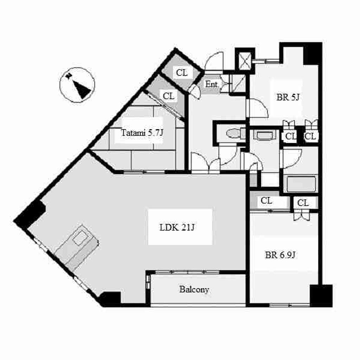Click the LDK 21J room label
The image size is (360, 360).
pyautogui.click(x=177, y=227)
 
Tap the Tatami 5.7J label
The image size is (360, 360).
pyautogui.click(x=142, y=133)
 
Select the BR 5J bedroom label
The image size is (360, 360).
pyautogui.click(x=288, y=97)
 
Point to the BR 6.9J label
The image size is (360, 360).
pyautogui.click(x=280, y=255)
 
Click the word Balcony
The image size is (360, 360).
pyautogui.click(x=194, y=289)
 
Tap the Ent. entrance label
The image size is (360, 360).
pyautogui.click(x=211, y=84)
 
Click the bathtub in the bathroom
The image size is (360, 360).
pyautogui.click(x=301, y=184)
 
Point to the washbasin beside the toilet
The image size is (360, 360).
pyautogui.click(x=264, y=135)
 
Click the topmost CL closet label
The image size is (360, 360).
pyautogui.click(x=182, y=73)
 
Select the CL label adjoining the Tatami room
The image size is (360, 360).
pyautogui.click(x=168, y=96)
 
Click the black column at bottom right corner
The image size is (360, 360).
pyautogui.click(x=321, y=296)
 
